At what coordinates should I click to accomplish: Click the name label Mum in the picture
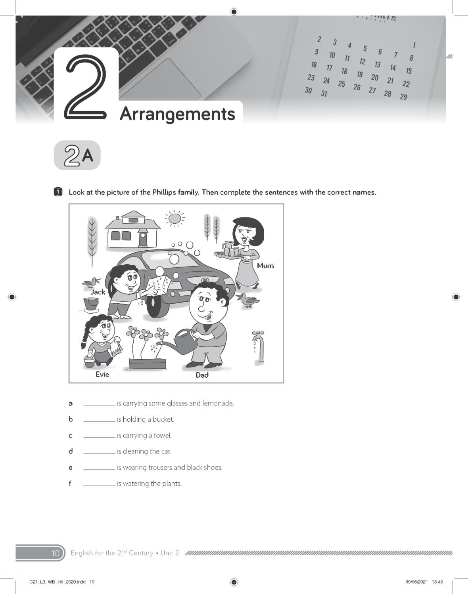coord(265,266)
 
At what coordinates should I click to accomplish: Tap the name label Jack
coord(98,292)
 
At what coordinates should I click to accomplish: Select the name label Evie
coord(102,374)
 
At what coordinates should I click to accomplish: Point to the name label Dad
coord(202,375)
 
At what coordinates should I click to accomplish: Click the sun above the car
coord(175,218)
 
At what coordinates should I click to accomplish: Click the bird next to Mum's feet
coord(247,300)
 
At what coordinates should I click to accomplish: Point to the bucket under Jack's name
coord(91,305)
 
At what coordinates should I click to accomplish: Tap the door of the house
coord(143,239)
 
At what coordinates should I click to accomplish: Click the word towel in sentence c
coord(163,436)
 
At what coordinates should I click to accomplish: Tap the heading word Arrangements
coord(177,114)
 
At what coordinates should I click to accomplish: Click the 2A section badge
coord(77,155)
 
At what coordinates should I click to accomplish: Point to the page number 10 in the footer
coord(55,553)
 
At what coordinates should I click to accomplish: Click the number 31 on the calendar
coord(324,94)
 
